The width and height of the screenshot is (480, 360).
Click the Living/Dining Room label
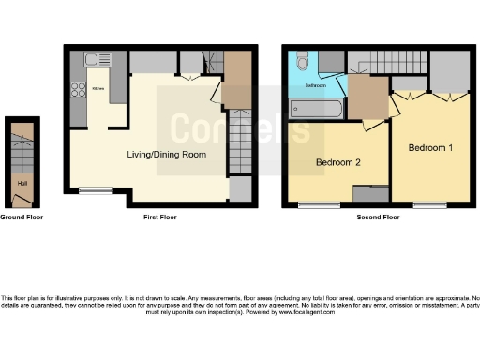pos(167,154)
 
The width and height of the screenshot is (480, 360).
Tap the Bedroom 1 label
pos(431,148)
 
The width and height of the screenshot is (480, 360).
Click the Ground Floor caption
pos(22,217)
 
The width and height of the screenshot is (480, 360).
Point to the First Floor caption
pos(160,217)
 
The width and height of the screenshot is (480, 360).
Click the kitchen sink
pos(96,60)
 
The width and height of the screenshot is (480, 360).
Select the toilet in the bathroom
pos(300,62)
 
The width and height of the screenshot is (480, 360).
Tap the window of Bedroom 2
pos(325,203)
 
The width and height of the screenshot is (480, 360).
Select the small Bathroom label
pos(315,85)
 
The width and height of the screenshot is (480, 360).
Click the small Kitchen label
pos(97,90)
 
